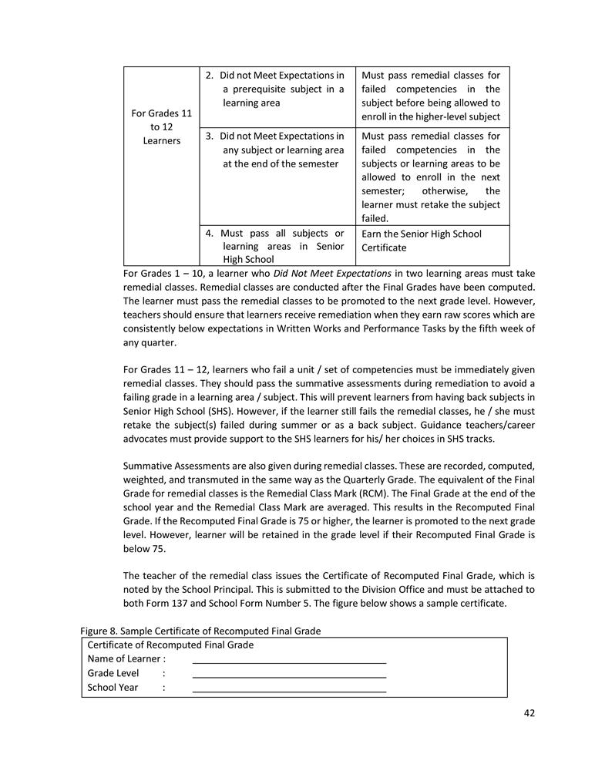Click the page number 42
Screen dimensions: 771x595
(x=529, y=712)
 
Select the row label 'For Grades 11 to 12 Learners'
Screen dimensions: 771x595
(x=161, y=127)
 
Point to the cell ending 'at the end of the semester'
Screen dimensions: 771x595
(x=277, y=150)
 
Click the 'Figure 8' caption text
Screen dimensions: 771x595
(x=200, y=631)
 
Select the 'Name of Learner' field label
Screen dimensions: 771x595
(x=126, y=658)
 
